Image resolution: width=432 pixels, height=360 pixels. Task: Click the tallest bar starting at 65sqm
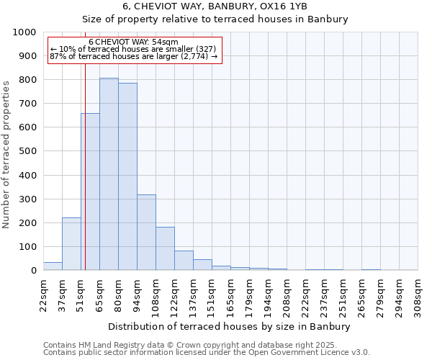point(109,174)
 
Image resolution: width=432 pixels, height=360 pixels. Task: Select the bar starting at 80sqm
point(127,176)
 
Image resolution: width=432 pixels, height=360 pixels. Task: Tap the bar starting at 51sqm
point(90,192)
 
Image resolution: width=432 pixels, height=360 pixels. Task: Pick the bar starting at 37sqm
point(71,244)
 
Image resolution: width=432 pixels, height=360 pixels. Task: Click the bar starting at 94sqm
point(146,233)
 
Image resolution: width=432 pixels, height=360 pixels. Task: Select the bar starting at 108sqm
point(165,248)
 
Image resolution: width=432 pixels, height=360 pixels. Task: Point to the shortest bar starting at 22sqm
point(53,266)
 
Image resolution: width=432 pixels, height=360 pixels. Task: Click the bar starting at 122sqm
point(184,261)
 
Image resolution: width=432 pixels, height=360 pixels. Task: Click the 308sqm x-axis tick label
point(418,295)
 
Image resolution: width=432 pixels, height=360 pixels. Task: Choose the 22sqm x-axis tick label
point(43,295)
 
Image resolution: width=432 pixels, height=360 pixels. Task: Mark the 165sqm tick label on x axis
point(230,295)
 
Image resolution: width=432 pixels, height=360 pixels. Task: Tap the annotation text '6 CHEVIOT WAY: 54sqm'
point(133,42)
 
